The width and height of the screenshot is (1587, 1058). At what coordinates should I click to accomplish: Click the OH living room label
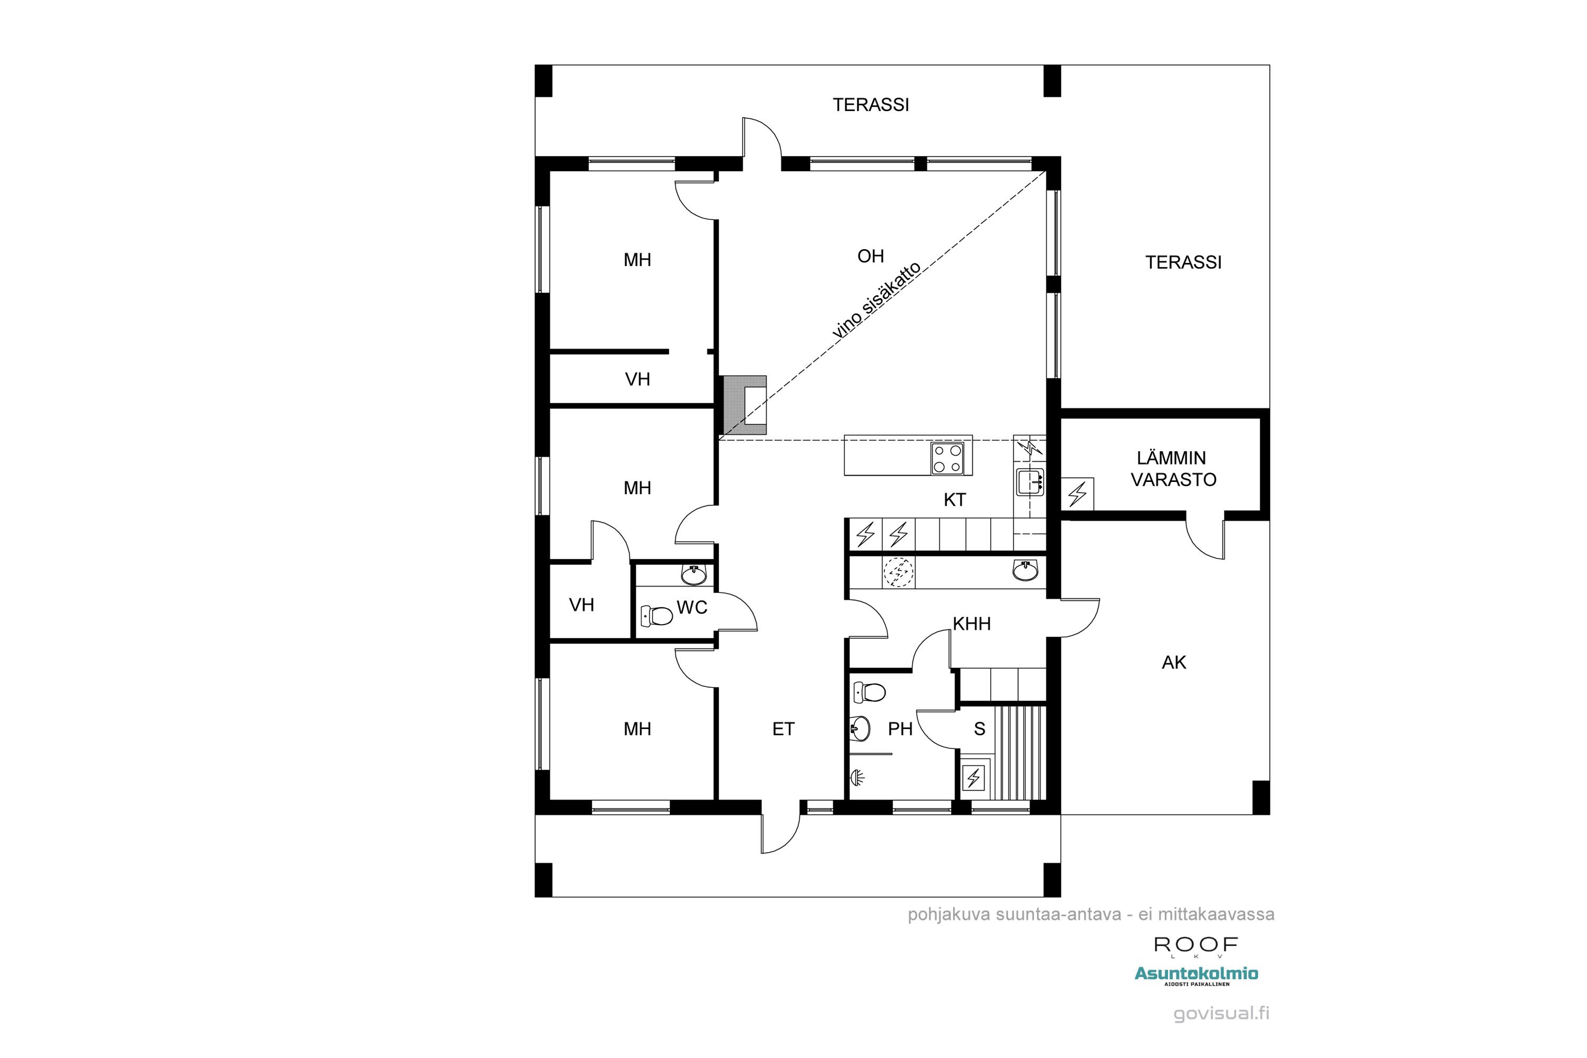pyautogui.click(x=870, y=257)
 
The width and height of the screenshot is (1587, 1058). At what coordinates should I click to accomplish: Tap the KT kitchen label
pyautogui.click(x=955, y=500)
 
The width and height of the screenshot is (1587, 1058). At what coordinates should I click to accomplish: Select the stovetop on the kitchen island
pyautogui.click(x=947, y=458)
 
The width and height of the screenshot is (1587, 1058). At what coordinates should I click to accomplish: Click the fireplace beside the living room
pyautogui.click(x=745, y=405)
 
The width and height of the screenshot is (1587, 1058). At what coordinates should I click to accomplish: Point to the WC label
pyautogui.click(x=691, y=607)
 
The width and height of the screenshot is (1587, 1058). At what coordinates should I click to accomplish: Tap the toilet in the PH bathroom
pyautogui.click(x=869, y=692)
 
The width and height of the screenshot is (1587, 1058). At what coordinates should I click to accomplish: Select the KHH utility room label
pyautogui.click(x=972, y=624)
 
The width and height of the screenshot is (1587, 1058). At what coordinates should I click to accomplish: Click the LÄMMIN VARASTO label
pyautogui.click(x=1173, y=469)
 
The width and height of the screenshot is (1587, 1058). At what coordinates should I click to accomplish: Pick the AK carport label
pyautogui.click(x=1174, y=663)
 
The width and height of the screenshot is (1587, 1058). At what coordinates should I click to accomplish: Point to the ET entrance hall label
pyautogui.click(x=783, y=729)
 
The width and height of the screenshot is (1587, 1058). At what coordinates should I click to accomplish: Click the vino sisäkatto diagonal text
pyautogui.click(x=877, y=300)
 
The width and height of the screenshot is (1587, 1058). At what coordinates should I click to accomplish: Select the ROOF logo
pyautogui.click(x=1196, y=945)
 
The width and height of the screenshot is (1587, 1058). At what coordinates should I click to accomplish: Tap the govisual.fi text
pyautogui.click(x=1221, y=1014)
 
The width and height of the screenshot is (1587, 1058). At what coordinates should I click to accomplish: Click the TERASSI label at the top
pyautogui.click(x=870, y=105)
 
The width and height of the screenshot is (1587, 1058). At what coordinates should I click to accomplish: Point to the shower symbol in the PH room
pyautogui.click(x=857, y=777)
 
